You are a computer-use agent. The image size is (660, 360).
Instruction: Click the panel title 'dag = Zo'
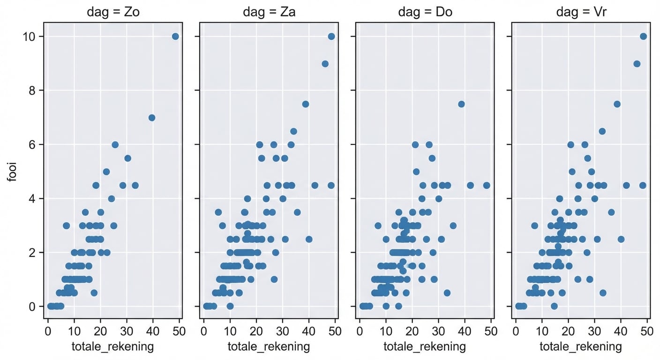(x=113, y=13)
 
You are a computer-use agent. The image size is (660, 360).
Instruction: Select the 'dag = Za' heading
(x=269, y=13)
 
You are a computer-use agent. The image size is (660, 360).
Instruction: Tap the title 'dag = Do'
(x=425, y=13)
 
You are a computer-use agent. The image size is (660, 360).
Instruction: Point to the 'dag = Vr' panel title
(x=581, y=13)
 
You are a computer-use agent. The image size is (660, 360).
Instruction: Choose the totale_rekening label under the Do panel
(x=425, y=347)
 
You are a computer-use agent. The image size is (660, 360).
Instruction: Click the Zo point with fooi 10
(x=175, y=37)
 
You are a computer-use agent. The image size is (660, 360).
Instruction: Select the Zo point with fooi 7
(x=151, y=118)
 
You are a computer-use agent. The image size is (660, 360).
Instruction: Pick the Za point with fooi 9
(x=325, y=64)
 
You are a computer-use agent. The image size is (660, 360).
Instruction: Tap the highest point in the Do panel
(x=461, y=104)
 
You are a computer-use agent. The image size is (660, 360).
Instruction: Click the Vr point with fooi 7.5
(x=617, y=104)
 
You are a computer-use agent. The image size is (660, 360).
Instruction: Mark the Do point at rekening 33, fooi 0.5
(x=447, y=293)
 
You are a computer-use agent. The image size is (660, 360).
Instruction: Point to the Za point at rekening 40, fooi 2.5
(x=309, y=239)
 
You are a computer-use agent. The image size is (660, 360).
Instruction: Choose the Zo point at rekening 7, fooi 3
(x=66, y=225)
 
